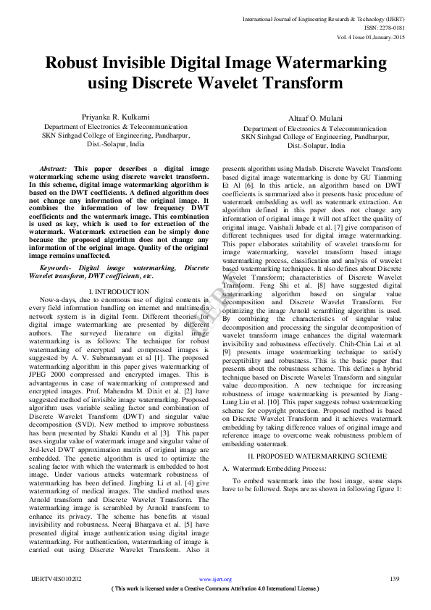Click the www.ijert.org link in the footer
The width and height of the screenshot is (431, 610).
coord(214,580)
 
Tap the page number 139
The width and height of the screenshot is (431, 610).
coord(395,579)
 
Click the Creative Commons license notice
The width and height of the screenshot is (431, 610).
coord(215,589)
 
